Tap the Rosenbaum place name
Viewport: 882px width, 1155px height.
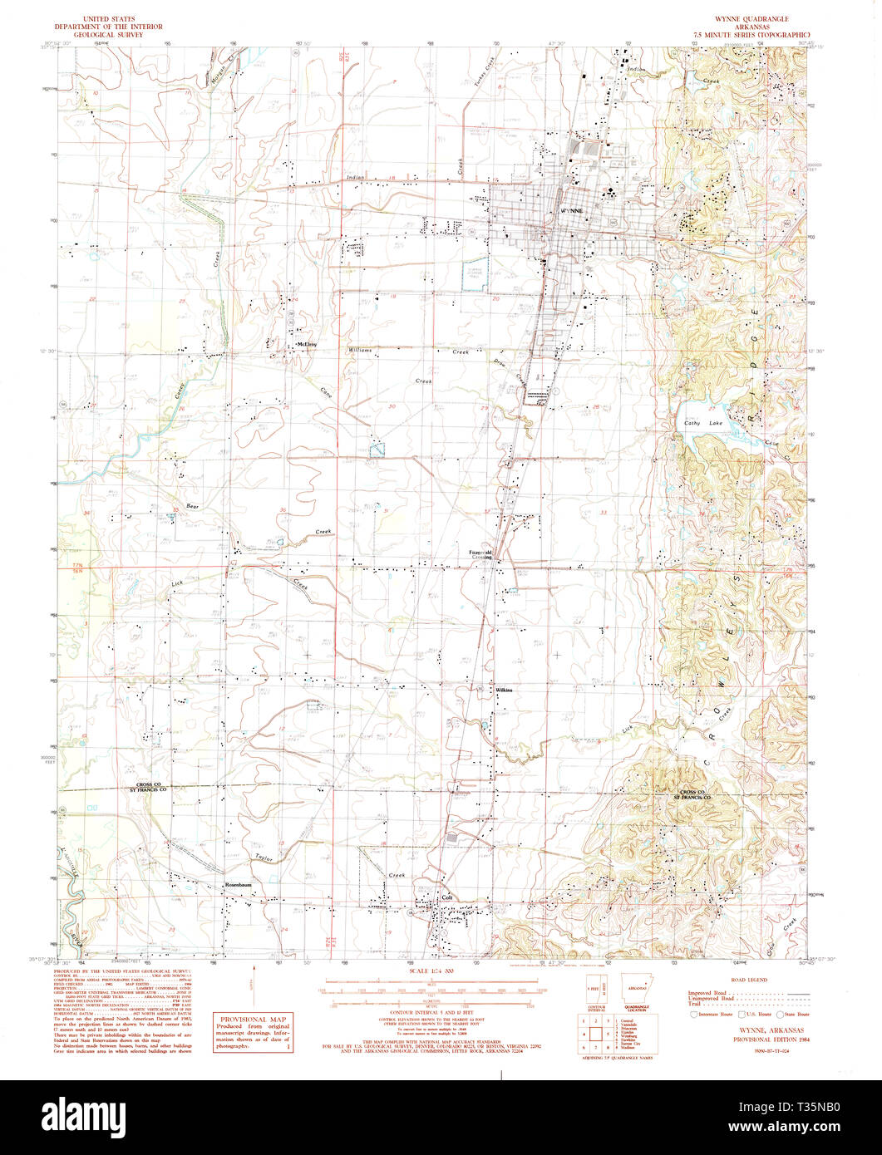(x=238, y=886)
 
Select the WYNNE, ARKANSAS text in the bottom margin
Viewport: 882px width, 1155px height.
(x=761, y=1028)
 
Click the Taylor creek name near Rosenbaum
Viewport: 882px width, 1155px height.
(x=264, y=855)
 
